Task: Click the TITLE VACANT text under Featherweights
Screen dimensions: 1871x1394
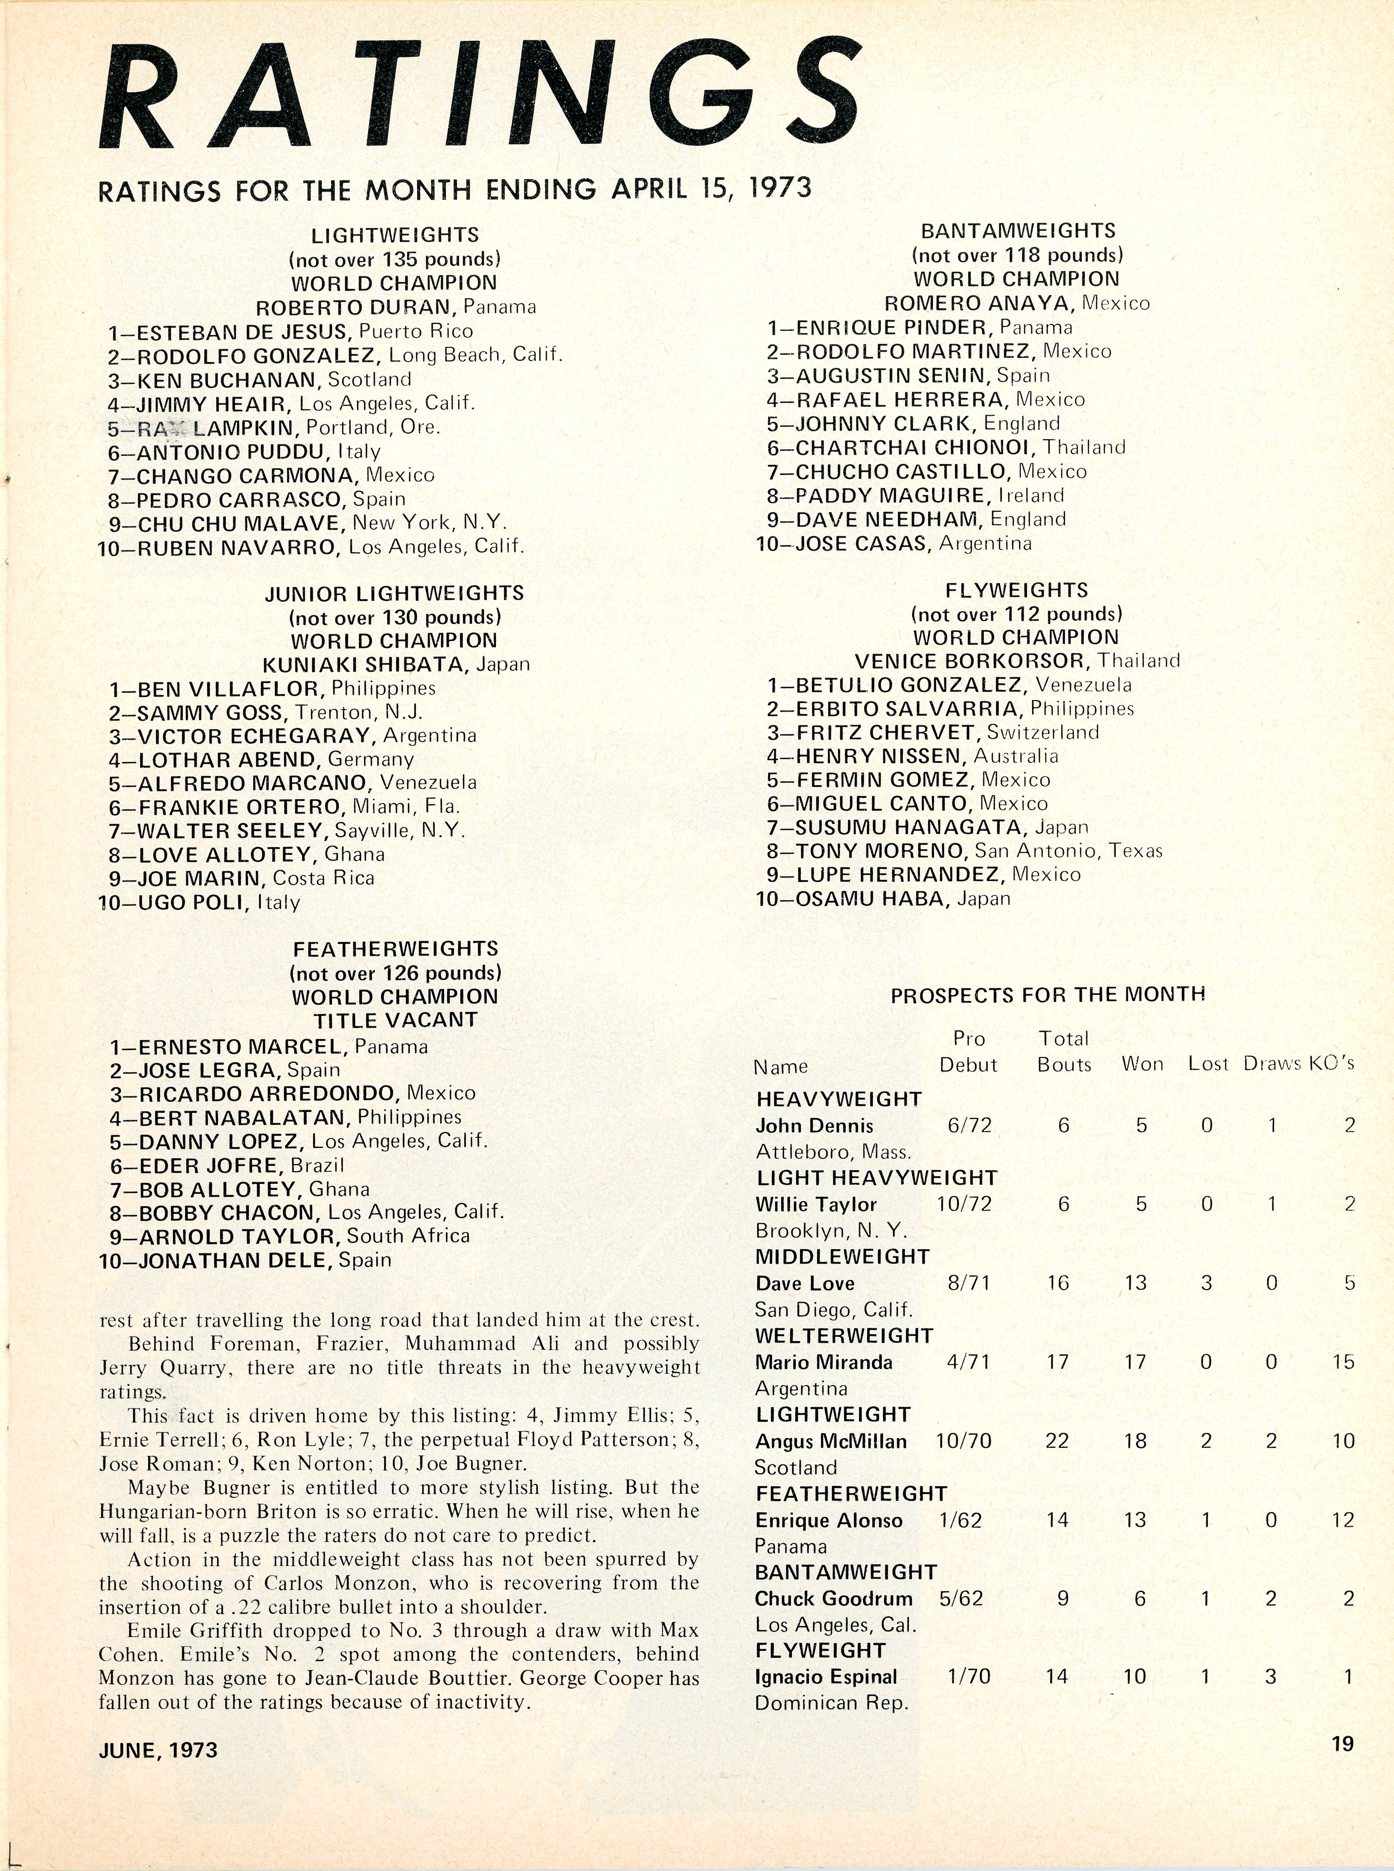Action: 396,1020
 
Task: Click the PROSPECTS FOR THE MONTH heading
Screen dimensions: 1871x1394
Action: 1047,994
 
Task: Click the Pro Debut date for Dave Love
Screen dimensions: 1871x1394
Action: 969,1283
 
